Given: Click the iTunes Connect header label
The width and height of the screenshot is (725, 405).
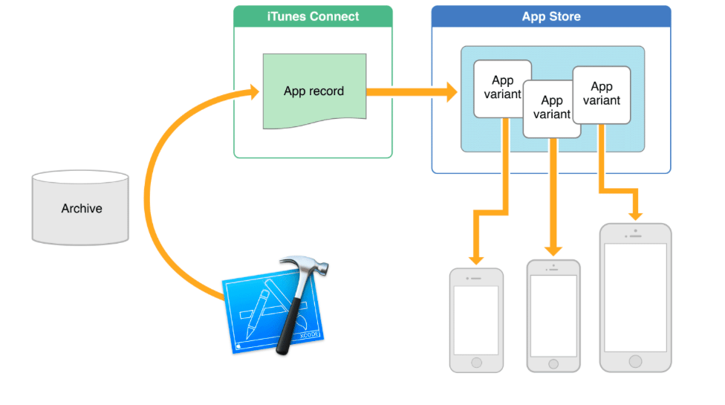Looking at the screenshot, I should pos(312,16).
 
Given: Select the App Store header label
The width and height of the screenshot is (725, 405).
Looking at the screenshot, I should pos(551,16).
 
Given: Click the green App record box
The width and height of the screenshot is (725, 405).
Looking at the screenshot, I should pos(313,91).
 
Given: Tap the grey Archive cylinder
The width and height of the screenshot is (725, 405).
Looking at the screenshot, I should pos(80,209).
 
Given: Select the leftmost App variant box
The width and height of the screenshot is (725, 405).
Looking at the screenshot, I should pos(501,88).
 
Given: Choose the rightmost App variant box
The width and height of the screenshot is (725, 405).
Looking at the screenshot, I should pos(602,94).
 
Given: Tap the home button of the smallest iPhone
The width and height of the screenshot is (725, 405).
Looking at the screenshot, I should pos(476,363).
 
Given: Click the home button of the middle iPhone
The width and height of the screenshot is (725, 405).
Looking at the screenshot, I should pos(553,363).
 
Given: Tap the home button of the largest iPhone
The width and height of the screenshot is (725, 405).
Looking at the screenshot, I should pos(635,361).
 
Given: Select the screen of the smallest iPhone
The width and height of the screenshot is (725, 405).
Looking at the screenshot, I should pos(476,320).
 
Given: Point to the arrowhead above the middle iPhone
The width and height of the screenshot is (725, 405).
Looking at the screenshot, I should pos(553,250).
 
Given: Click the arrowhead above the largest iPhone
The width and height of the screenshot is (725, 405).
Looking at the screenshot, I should pos(635,213).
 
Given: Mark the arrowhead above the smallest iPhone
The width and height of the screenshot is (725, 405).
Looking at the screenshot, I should pos(476,258).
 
